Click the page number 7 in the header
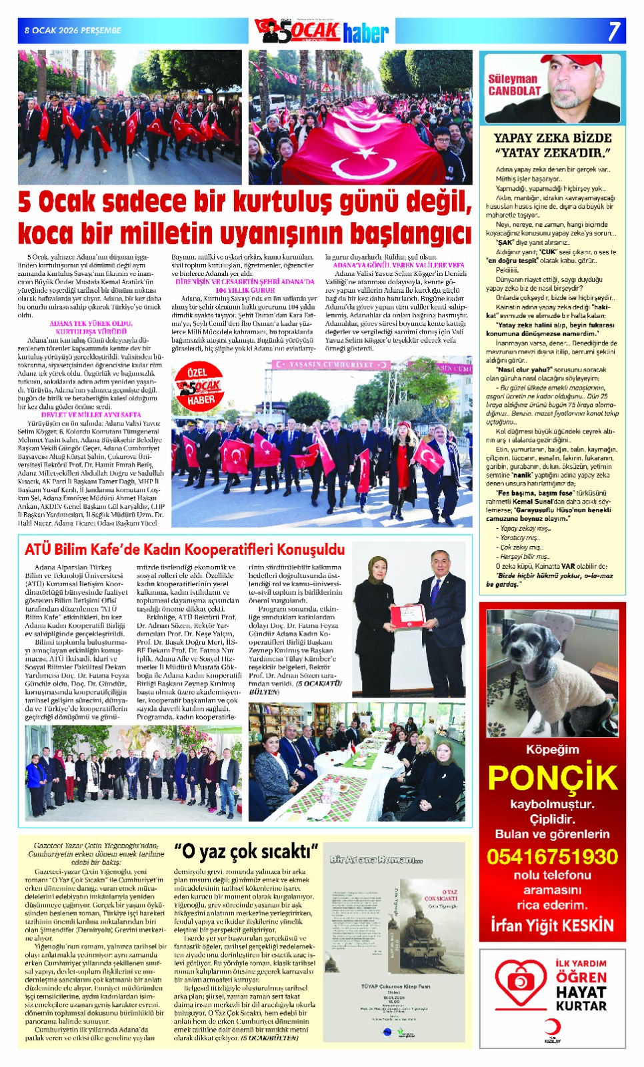(x=613, y=31)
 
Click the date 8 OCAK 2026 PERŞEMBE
(x=73, y=31)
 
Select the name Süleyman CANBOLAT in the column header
(x=514, y=85)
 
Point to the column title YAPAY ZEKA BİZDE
(x=552, y=138)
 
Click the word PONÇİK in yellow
(x=552, y=778)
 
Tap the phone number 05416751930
(x=552, y=856)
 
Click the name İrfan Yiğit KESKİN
(x=552, y=925)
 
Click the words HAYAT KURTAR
(x=581, y=999)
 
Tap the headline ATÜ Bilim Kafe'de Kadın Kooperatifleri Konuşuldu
(x=185, y=550)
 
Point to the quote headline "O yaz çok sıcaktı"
(x=246, y=852)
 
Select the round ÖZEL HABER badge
(x=199, y=386)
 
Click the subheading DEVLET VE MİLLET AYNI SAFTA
(x=91, y=414)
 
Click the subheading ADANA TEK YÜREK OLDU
(x=91, y=323)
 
